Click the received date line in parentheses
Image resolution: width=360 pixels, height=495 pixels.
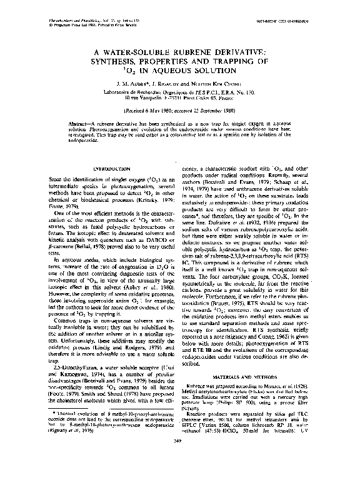(179, 109)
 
